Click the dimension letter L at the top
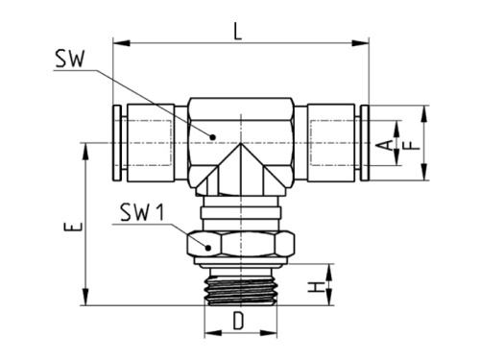point(238,31)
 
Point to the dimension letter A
point(384,144)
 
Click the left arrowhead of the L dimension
point(119,42)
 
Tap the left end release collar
point(117,144)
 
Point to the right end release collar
point(364,144)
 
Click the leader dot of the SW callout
point(213,135)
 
